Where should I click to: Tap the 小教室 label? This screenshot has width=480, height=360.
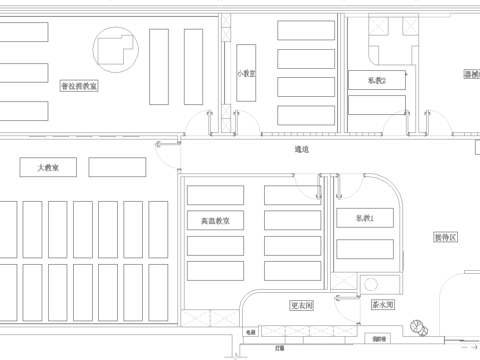(246, 73)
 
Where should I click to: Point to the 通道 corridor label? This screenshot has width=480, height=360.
(301, 150)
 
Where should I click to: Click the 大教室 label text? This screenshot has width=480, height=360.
(48, 167)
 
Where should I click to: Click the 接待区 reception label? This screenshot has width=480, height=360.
(445, 237)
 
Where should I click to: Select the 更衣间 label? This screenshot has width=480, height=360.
(301, 305)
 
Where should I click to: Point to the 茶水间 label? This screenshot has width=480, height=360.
(383, 305)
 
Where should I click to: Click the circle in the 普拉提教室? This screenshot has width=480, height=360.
(114, 47)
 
